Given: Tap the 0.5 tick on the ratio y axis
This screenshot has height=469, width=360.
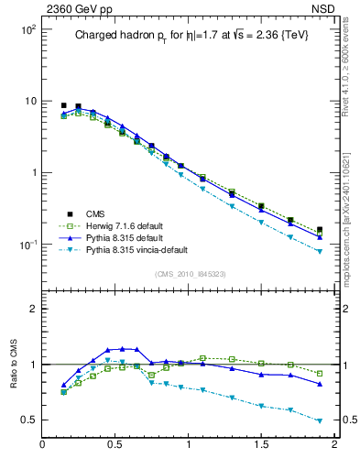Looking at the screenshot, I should click(26, 420).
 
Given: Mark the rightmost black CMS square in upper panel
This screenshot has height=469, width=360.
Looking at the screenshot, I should click(320, 230).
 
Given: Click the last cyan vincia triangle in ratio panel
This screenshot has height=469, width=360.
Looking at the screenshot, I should click(320, 421).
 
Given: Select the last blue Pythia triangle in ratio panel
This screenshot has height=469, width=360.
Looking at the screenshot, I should click(320, 384).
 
